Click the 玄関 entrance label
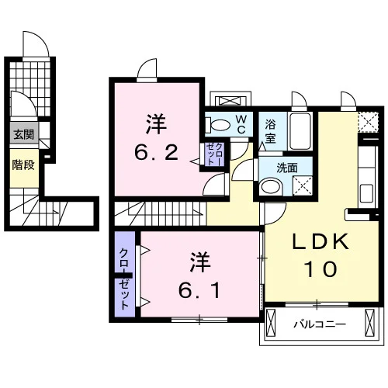tap(23, 135)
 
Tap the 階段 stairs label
tap(23, 165)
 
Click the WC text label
tap(241, 125)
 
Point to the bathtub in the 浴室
tap(300, 131)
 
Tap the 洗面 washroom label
tap(287, 168)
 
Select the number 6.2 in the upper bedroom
tap(156, 153)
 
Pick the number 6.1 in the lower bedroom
tap(199, 290)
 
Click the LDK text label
tap(320, 242)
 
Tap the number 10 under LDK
tap(320, 268)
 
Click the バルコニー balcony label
tap(320, 324)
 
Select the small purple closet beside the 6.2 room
tap(213, 154)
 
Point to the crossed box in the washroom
tap(303, 185)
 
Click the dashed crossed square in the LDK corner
tap(369, 122)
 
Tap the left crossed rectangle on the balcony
tap(271, 323)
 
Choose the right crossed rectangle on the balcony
tap(369, 323)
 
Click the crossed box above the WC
tap(230, 101)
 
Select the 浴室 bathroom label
tap(270, 132)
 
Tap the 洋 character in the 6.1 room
tap(200, 262)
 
